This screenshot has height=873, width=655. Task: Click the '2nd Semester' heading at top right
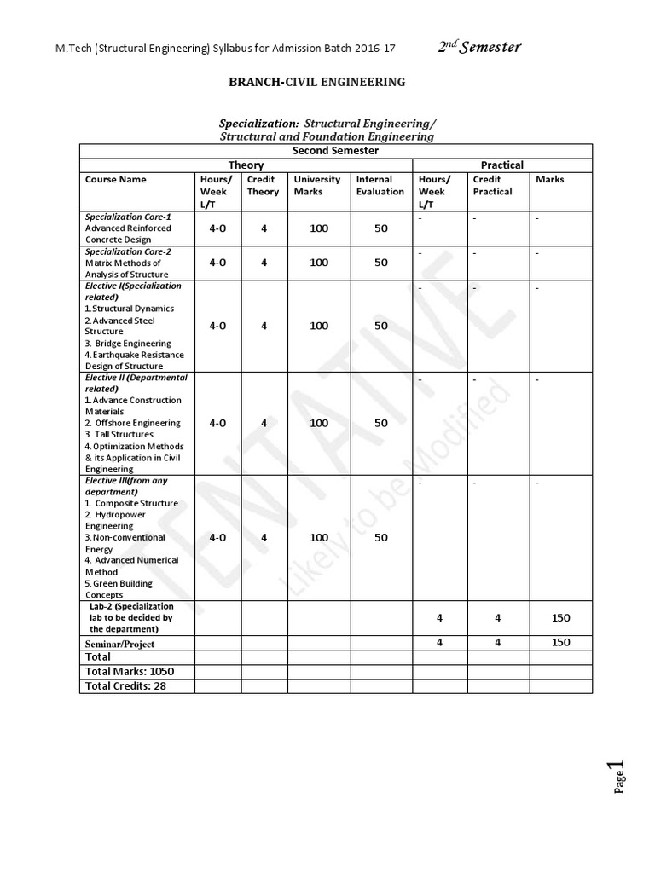[x=478, y=47]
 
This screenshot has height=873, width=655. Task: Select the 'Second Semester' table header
[x=335, y=151]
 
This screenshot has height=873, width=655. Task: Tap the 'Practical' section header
[x=502, y=165]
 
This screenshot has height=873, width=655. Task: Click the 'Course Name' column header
[x=116, y=180]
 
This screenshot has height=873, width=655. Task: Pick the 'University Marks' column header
[x=316, y=185]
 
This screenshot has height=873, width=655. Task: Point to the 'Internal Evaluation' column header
[x=380, y=185]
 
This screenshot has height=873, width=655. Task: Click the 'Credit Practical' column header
[x=492, y=185]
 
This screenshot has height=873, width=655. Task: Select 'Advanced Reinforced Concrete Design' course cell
[x=128, y=234]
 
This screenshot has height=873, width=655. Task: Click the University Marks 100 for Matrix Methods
[x=319, y=263]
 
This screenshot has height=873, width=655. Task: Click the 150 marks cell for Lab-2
[x=560, y=618]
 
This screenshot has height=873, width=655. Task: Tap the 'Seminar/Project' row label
[x=119, y=644]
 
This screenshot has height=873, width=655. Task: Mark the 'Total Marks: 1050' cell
[x=130, y=672]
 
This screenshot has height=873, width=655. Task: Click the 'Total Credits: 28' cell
[x=125, y=685]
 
